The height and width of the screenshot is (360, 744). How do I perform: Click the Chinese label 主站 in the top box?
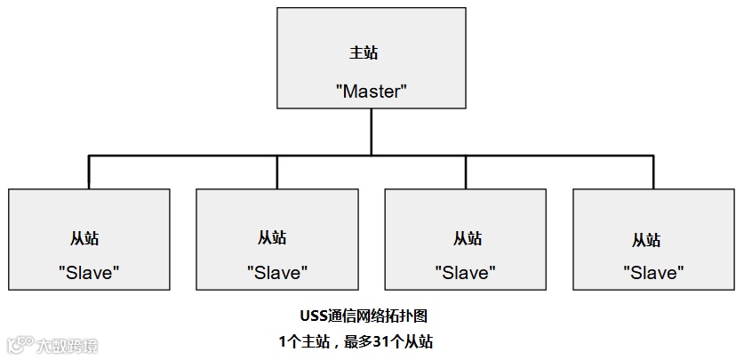click(x=364, y=52)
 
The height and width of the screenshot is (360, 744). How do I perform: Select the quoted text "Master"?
click(x=372, y=90)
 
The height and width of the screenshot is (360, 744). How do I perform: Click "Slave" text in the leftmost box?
click(x=89, y=273)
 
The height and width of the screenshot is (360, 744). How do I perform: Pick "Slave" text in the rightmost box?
click(x=653, y=273)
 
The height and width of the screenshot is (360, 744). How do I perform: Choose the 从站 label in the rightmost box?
click(x=646, y=240)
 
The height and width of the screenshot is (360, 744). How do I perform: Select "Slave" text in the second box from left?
click(x=277, y=273)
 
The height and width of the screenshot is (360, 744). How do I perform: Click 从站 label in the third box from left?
click(x=468, y=238)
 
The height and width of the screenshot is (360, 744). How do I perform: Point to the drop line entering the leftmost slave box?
click(x=89, y=172)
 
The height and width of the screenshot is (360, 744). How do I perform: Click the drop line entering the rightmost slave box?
click(x=653, y=172)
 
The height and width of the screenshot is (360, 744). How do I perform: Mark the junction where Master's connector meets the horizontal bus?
click(x=372, y=156)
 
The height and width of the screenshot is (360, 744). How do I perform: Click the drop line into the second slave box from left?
click(x=277, y=172)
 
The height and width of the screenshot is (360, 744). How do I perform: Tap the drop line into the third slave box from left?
click(x=466, y=172)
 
